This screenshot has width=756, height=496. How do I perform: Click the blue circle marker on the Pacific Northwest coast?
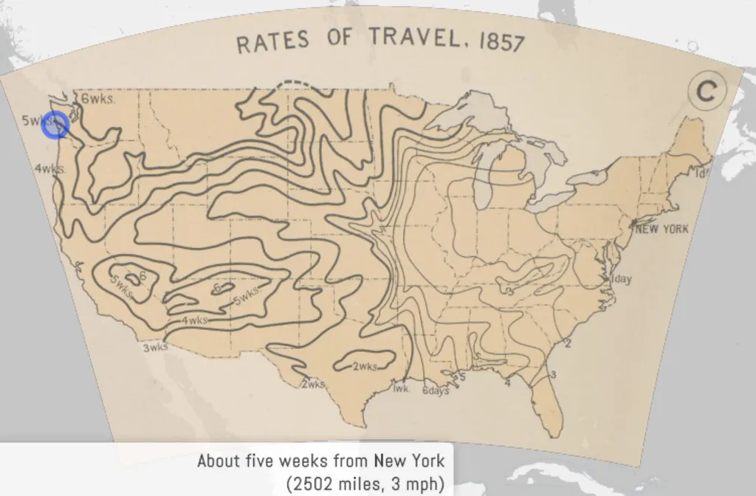55,125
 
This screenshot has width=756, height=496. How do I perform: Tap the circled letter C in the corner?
707,92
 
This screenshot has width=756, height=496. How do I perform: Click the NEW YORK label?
661,229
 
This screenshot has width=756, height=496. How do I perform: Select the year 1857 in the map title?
502,41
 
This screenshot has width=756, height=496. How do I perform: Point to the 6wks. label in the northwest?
97,99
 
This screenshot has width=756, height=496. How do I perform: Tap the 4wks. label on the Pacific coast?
49,168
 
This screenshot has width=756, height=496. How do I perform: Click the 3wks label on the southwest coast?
156,348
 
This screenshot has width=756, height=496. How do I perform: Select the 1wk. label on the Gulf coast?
401,388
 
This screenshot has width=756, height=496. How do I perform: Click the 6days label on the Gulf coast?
436,391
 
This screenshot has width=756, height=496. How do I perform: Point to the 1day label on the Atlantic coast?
621,279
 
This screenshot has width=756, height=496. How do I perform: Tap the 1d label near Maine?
701,173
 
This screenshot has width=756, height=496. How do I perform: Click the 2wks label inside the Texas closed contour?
365,367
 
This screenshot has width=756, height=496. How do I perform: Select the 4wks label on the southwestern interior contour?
194,320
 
